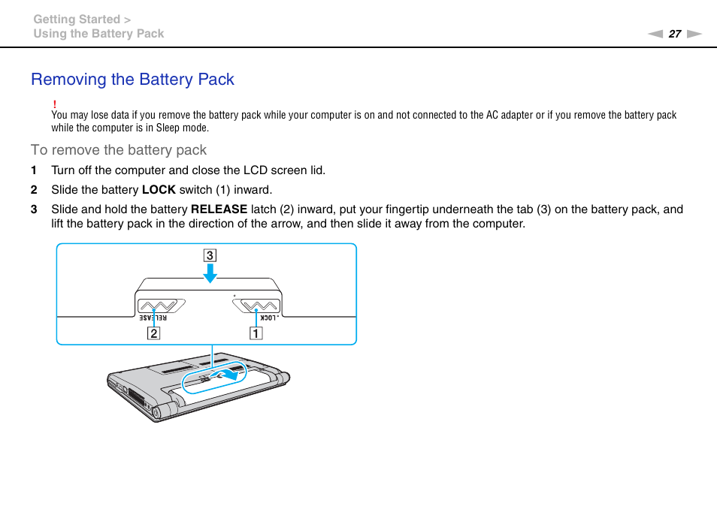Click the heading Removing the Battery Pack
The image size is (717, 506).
pos(132,80)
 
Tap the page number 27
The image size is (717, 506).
pos(674,34)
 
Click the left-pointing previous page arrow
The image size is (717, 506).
pos(655,34)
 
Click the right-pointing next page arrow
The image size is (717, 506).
pos(694,34)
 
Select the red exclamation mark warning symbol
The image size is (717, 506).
pos(55,104)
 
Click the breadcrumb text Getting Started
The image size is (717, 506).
pos(77,20)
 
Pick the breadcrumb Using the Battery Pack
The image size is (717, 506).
pos(98,34)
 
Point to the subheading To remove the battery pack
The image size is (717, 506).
pos(119,150)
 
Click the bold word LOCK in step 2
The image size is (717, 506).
pos(159,190)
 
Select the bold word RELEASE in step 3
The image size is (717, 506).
pos(219,209)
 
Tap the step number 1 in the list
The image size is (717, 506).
pos(33,170)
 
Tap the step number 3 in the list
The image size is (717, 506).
pos(33,209)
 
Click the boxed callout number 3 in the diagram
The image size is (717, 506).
pos(210,255)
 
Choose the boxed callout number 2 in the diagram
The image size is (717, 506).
pos(153,333)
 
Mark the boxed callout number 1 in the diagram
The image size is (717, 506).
pos(256,333)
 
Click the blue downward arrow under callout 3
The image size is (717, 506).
pos(210,274)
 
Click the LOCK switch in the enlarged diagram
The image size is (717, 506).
pos(256,305)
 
